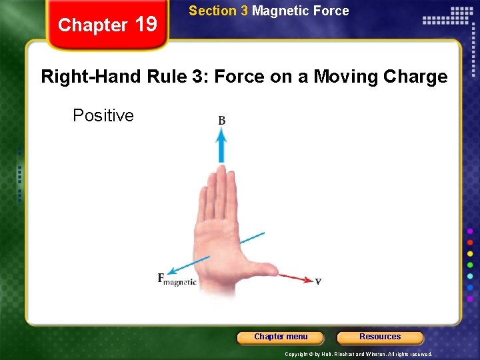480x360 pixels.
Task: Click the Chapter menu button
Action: tap(281, 337)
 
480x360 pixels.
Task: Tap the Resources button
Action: tap(380, 337)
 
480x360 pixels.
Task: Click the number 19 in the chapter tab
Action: tap(146, 25)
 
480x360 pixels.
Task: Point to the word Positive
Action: tap(103, 115)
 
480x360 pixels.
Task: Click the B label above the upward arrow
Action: tap(221, 121)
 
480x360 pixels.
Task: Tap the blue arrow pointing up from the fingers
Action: tap(221, 145)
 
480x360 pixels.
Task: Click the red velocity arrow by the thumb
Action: tap(295, 277)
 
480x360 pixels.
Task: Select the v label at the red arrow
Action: tap(318, 281)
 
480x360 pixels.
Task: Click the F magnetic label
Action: tap(177, 279)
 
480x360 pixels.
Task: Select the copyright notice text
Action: tap(359, 354)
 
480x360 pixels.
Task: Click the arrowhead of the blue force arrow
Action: tap(171, 271)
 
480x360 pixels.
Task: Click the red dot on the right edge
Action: tap(470, 242)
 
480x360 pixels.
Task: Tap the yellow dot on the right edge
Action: tap(470, 253)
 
